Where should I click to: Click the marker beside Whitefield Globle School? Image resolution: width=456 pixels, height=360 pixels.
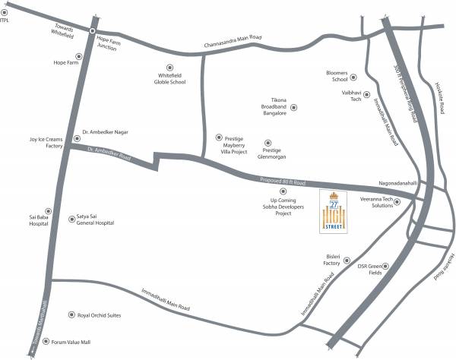169,67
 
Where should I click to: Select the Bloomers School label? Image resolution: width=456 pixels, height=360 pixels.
337,76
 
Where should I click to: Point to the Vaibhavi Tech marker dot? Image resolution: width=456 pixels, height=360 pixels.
366,95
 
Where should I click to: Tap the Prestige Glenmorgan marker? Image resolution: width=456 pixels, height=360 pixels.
266,141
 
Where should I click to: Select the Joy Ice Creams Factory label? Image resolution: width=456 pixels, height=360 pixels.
44,142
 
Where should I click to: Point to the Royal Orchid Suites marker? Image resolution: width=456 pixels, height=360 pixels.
71,314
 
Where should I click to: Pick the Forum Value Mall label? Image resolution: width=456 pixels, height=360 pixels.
71,343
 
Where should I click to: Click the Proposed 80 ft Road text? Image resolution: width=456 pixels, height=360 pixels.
282,182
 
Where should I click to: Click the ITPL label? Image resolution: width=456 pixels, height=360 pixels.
8,21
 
